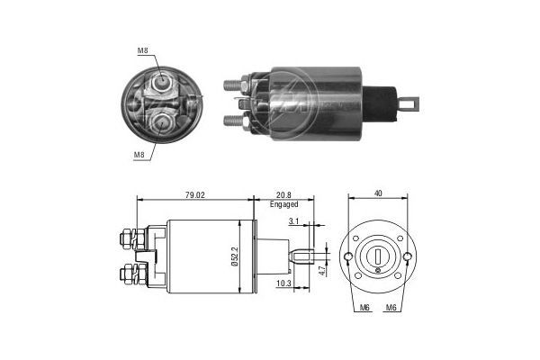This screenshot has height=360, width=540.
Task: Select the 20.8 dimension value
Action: [x=283, y=194]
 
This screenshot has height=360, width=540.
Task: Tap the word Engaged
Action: [x=283, y=204]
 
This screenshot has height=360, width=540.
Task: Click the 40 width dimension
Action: [x=378, y=192]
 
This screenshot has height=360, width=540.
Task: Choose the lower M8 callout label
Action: [x=139, y=155]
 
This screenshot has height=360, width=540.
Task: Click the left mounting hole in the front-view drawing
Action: [x=348, y=259]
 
